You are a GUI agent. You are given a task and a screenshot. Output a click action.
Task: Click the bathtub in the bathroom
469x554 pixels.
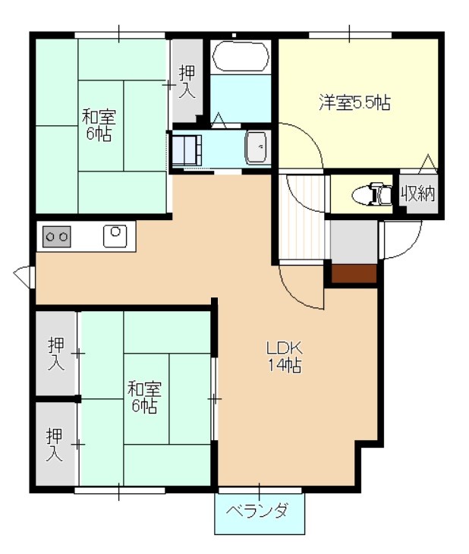coord(241,56)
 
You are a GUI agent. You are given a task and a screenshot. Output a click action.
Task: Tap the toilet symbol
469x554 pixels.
coord(372,194)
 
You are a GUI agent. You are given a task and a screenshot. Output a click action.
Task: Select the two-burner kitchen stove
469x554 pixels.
coord(57,236)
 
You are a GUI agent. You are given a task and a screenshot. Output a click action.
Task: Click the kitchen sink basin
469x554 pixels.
coord(115,236)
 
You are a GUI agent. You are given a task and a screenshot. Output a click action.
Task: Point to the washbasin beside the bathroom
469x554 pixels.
coord(256,148)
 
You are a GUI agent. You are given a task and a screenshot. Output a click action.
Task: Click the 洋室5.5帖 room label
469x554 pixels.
coord(354,102)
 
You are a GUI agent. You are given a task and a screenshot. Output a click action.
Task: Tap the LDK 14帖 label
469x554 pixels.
coord(285,357)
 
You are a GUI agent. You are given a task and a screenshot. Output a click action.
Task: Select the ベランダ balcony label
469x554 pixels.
coord(257,511)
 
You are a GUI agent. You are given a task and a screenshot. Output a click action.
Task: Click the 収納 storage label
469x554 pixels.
coord(417,194)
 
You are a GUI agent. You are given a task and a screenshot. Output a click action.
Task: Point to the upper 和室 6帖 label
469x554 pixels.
coord(99,125)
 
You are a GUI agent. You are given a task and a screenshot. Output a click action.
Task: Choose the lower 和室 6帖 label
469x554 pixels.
coord(144,397)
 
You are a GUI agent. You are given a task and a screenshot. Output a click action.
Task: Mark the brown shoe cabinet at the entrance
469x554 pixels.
coord(354,273)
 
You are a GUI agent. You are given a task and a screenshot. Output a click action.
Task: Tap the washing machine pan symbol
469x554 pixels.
coord(187,150)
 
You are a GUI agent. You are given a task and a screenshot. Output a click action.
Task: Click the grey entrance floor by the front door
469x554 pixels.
coord(354,242)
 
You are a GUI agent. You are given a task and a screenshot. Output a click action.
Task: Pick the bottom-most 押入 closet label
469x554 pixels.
coord(55,445)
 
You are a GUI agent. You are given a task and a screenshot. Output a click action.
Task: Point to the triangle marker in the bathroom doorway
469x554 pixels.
coord(219,120)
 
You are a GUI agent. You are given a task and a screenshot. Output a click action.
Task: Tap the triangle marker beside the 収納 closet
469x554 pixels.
coord(429,164)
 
